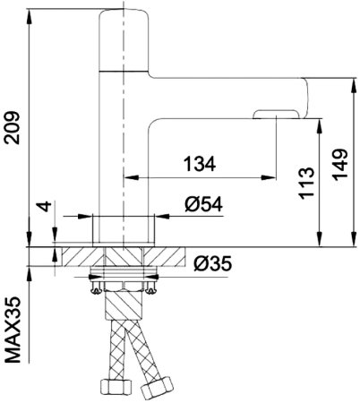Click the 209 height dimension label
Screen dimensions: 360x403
(x=13, y=128)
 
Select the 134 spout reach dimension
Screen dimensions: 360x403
(x=200, y=164)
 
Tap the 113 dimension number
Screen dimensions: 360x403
(x=306, y=183)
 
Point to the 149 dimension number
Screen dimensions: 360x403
(x=340, y=165)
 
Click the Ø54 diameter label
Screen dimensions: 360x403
(x=204, y=204)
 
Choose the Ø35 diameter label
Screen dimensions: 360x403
(x=213, y=264)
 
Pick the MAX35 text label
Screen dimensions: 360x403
(x=13, y=330)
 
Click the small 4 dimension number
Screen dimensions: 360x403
(x=46, y=206)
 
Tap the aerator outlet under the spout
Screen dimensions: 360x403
(x=276, y=115)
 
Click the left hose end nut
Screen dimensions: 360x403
(x=116, y=387)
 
